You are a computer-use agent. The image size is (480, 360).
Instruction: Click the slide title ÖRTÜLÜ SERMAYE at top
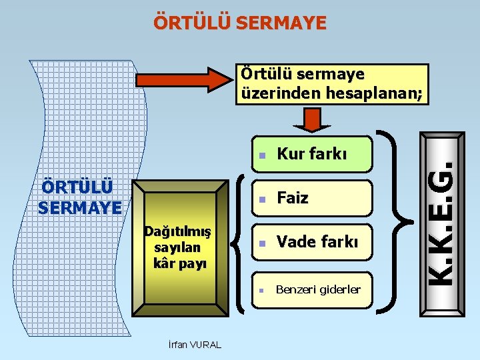tap(240, 23)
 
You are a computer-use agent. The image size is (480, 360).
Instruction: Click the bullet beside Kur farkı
tap(263, 155)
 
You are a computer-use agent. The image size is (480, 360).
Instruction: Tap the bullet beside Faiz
tap(263, 199)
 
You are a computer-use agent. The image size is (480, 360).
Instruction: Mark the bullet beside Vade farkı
tap(263, 243)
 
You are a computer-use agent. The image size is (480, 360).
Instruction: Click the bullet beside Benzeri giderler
tap(263, 290)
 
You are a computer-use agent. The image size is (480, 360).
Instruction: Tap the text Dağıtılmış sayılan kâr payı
tap(179, 247)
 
